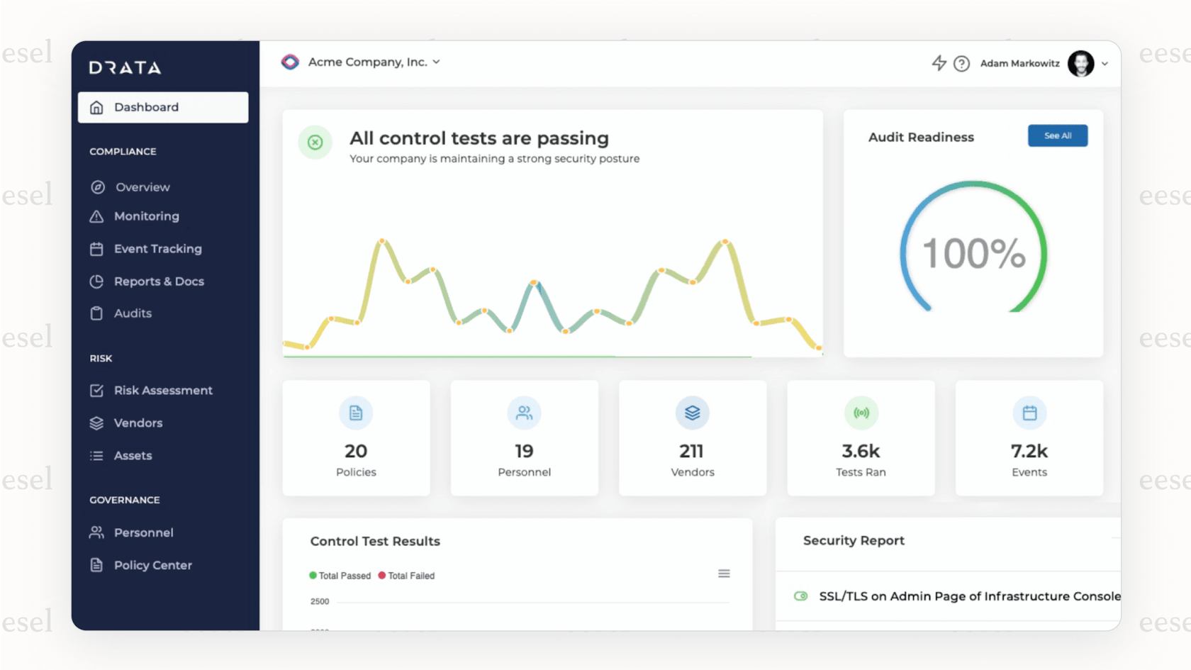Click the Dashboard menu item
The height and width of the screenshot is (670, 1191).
tap(162, 107)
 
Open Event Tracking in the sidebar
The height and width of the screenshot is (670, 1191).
tap(157, 249)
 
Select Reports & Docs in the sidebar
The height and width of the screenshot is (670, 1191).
tap(158, 281)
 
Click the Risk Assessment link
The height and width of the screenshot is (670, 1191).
tap(162, 391)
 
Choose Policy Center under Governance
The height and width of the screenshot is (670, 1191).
tap(152, 565)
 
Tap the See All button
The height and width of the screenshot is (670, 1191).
tap(1057, 135)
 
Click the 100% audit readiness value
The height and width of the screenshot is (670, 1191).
tap(973, 254)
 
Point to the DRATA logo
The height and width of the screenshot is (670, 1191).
tap(125, 68)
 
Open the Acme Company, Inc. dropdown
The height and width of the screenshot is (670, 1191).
tap(373, 62)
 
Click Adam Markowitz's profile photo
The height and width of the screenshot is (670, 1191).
tap(1080, 64)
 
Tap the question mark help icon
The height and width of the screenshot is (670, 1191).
tap(961, 64)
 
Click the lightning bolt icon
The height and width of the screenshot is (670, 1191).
tap(939, 63)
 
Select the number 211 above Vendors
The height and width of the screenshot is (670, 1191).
tap(691, 451)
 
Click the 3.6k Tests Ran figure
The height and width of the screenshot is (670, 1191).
tap(860, 451)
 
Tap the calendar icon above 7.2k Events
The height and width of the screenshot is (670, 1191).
tap(1029, 413)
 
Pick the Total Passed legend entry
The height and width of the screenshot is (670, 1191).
tap(340, 576)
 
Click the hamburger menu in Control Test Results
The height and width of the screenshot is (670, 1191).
tap(724, 574)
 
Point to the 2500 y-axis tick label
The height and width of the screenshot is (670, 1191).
tap(320, 602)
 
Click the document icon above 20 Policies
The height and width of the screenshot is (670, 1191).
tap(356, 413)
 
